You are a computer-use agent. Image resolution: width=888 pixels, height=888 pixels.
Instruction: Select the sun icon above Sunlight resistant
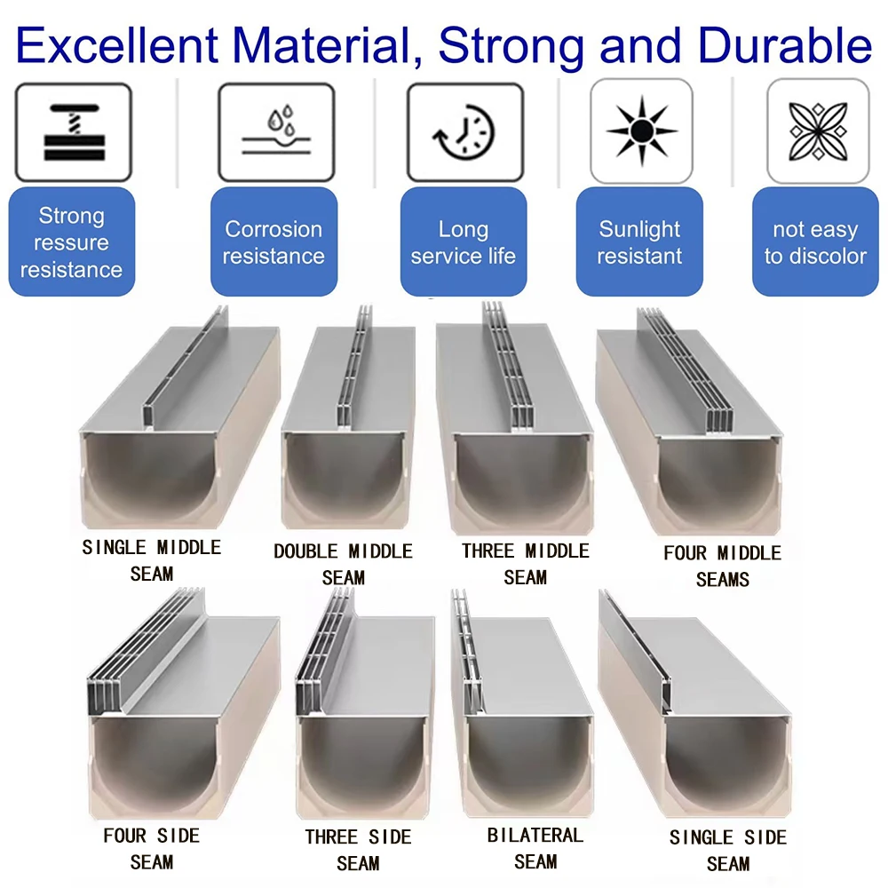pos(641,131)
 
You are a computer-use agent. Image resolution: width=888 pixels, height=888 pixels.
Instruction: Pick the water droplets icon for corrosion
pos(275,131)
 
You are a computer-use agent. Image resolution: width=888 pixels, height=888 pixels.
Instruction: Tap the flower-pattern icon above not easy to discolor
pos(817,131)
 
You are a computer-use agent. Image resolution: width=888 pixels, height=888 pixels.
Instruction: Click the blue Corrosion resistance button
pos(274,242)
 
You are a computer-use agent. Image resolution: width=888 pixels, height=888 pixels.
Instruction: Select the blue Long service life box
pos(463,242)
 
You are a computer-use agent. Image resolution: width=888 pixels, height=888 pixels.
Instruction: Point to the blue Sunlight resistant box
pos(639,242)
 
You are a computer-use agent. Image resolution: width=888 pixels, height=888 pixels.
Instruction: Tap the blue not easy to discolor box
pos(815,242)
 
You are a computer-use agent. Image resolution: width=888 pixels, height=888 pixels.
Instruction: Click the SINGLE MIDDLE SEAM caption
pos(152,560)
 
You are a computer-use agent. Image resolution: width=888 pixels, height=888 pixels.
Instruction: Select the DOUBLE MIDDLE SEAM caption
pos(343,565)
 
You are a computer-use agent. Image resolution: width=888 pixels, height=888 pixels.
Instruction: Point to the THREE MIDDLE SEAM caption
pos(525,564)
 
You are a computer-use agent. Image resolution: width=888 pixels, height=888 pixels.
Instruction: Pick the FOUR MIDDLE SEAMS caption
pos(722,566)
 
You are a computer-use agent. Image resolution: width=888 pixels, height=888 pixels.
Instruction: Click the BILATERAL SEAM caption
pos(535,848)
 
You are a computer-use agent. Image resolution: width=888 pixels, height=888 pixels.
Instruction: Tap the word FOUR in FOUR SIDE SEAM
pos(124,836)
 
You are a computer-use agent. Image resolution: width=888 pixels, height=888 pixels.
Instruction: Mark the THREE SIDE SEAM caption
pos(358,850)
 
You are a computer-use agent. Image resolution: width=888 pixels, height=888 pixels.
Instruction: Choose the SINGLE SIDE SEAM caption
pos(727,850)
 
